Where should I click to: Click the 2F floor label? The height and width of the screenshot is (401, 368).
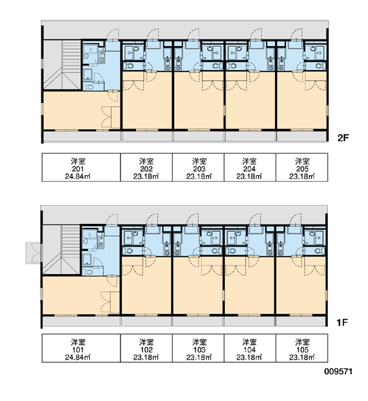(343, 138)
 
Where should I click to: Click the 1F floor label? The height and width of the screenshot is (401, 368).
(342, 323)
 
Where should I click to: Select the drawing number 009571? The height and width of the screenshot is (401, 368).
(339, 372)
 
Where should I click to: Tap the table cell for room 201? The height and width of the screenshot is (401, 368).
(81, 168)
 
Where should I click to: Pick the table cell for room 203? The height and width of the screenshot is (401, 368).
(198, 168)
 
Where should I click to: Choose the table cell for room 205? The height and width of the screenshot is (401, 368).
(302, 168)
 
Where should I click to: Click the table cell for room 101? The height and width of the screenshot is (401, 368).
(81, 348)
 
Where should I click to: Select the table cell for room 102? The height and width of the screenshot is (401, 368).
(147, 348)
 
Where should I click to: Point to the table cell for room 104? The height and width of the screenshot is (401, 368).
(250, 348)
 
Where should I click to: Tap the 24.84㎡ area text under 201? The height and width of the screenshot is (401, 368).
(78, 176)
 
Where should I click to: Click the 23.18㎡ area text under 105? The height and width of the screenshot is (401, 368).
(302, 358)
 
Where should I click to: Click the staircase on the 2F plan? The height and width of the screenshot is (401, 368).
(62, 65)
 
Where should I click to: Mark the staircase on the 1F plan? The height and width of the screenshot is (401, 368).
(62, 249)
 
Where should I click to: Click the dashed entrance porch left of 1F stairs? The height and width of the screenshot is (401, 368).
(33, 253)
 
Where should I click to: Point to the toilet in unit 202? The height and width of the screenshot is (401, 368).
(129, 66)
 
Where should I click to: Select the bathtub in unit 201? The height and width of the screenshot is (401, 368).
(88, 74)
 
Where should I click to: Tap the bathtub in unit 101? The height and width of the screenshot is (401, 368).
(87, 259)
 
